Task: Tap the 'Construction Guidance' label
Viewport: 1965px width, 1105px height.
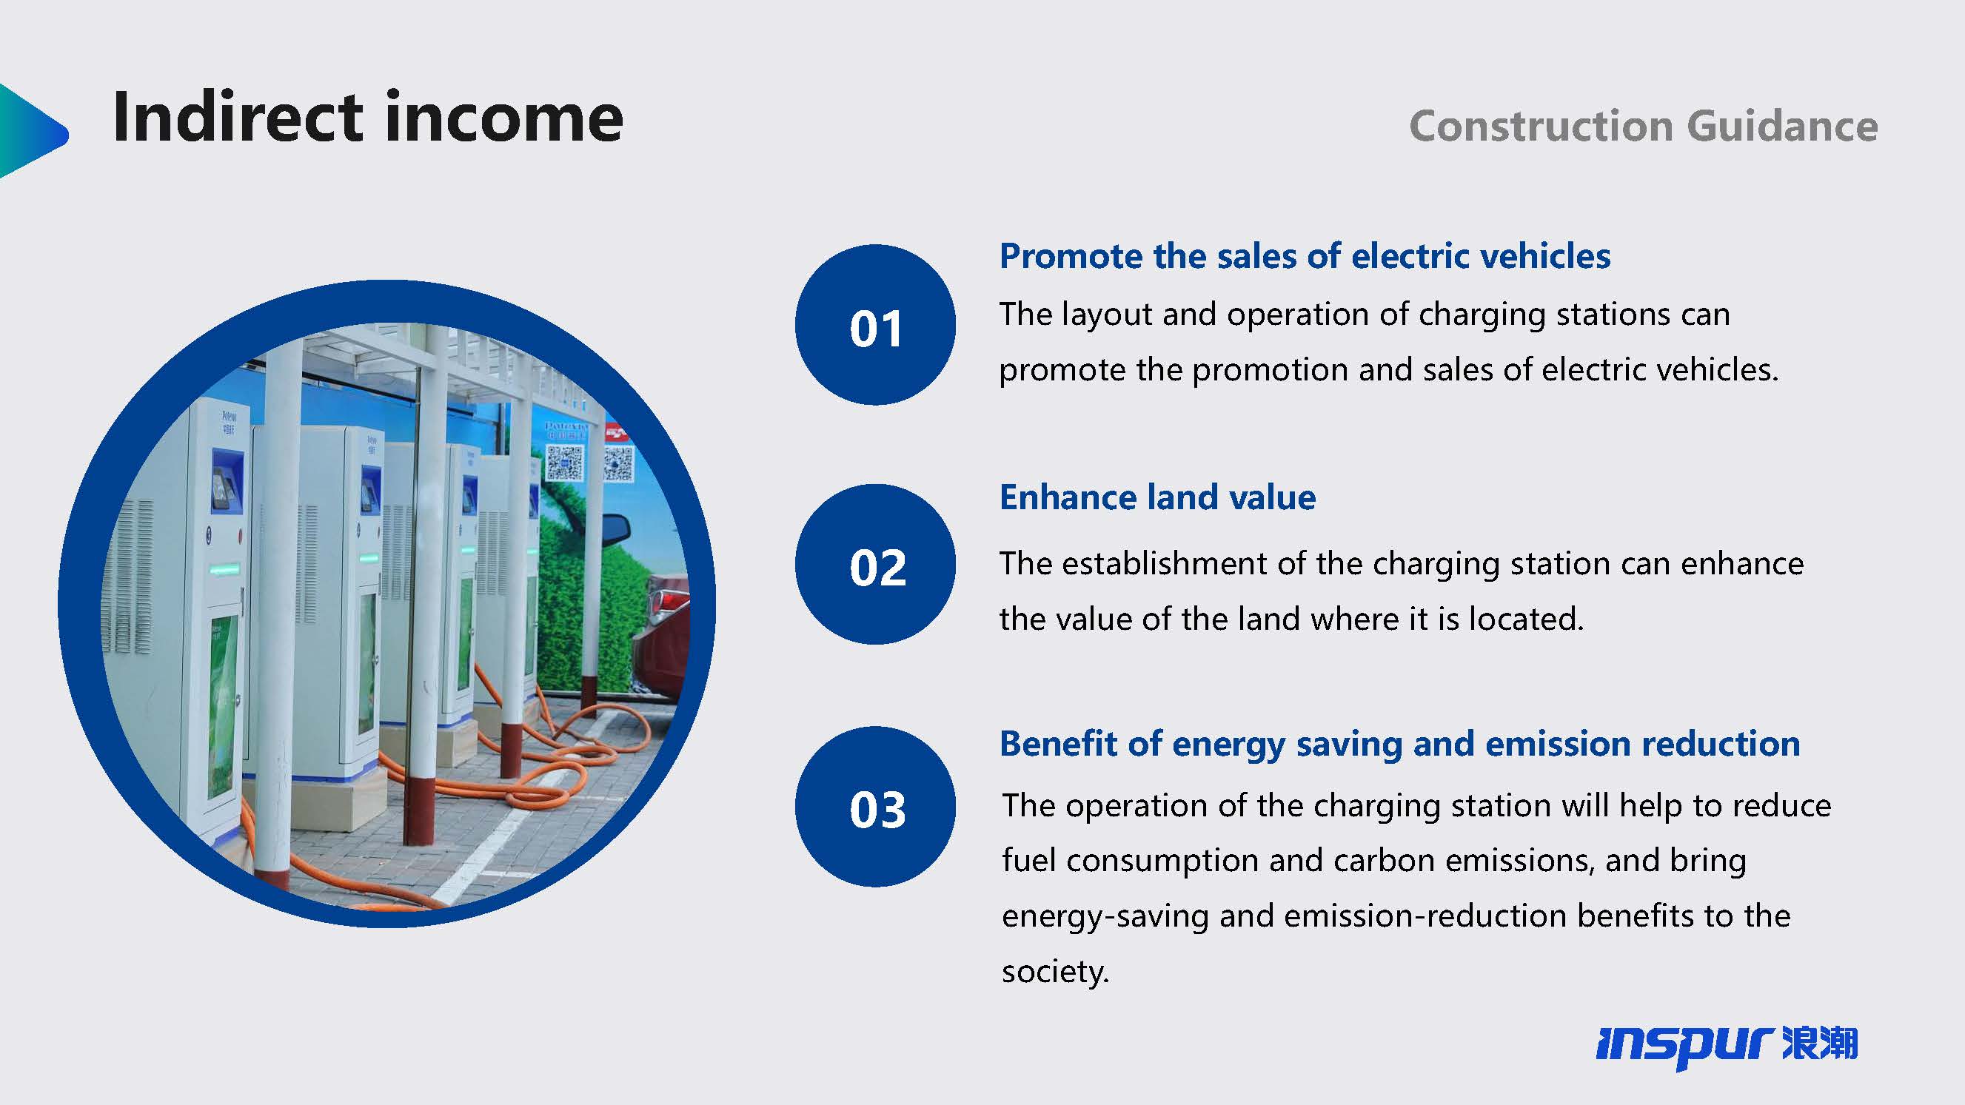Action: click(x=1643, y=126)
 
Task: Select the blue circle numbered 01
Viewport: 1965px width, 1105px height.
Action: click(x=875, y=325)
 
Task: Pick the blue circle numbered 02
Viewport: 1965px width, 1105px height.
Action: click(x=875, y=564)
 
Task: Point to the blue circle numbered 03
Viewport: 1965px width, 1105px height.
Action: click(x=875, y=807)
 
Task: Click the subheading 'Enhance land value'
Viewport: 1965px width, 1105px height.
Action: click(x=1157, y=497)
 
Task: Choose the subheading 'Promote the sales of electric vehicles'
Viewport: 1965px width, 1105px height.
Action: click(x=1305, y=256)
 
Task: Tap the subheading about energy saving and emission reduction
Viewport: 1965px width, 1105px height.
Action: click(x=1400, y=745)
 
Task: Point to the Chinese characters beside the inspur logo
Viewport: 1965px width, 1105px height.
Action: click(x=1820, y=1044)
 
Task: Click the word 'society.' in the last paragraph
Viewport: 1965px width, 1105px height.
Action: click(x=1055, y=972)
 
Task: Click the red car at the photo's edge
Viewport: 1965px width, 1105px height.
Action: click(x=661, y=637)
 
